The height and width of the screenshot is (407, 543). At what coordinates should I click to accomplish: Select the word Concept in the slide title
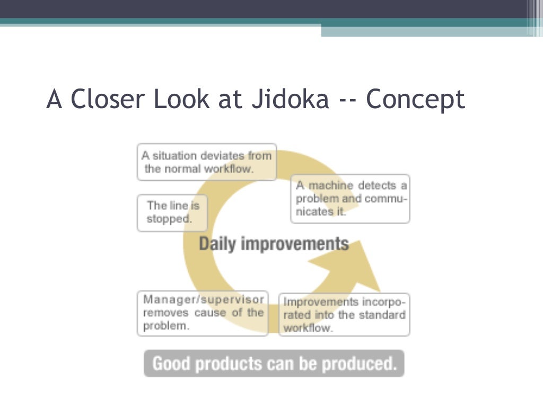pyautogui.click(x=415, y=99)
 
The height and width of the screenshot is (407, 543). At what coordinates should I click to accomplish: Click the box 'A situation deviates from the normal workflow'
pyautogui.click(x=206, y=162)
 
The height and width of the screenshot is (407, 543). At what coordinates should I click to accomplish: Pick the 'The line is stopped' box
pyautogui.click(x=172, y=213)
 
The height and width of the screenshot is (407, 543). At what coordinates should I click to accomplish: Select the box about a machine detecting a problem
pyautogui.click(x=351, y=199)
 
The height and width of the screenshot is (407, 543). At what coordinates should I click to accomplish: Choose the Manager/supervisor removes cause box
pyautogui.click(x=203, y=313)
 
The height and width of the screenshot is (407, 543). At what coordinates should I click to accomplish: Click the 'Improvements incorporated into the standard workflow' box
pyautogui.click(x=344, y=315)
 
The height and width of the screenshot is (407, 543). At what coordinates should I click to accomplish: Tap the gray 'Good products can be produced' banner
pyautogui.click(x=274, y=364)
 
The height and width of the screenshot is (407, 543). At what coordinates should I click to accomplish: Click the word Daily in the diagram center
pyautogui.click(x=217, y=244)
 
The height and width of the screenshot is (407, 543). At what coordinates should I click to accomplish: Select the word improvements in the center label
pyautogui.click(x=295, y=244)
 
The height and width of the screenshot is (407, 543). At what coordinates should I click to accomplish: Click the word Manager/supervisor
pyautogui.click(x=203, y=299)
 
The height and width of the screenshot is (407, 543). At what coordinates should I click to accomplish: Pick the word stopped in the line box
pyautogui.click(x=169, y=219)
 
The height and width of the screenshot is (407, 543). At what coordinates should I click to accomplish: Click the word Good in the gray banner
pyautogui.click(x=170, y=364)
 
